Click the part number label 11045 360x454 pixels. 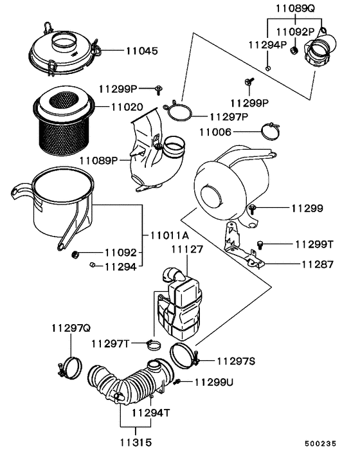[141, 50]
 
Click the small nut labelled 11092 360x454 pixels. [75, 253]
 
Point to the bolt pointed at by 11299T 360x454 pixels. [260, 244]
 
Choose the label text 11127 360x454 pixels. [186, 248]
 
